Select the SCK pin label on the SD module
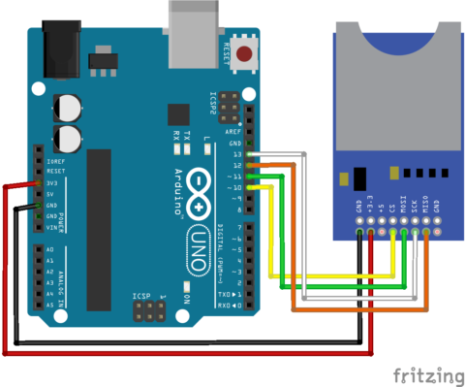pos(416,206)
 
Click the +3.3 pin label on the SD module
pos(371,205)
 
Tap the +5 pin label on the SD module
pos(383,207)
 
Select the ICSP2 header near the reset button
pos(230,102)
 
